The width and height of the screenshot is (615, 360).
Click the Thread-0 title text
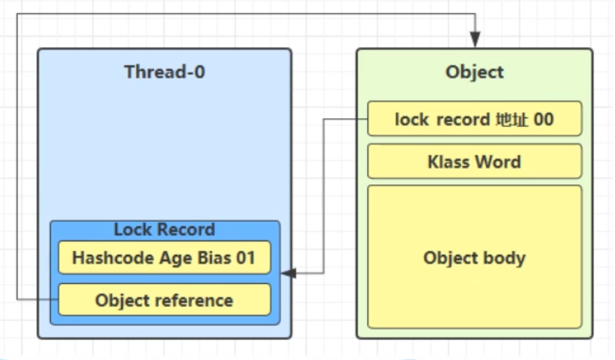pyautogui.click(x=165, y=72)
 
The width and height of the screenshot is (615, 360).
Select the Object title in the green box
pyautogui.click(x=475, y=72)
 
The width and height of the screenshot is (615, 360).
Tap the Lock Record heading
pyautogui.click(x=165, y=229)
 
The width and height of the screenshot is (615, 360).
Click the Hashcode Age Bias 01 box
pyautogui.click(x=165, y=258)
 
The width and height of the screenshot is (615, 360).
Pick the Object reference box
pyautogui.click(x=165, y=300)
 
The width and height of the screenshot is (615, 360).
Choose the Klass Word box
pyautogui.click(x=475, y=161)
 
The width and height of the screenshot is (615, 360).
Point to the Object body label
pyautogui.click(x=475, y=259)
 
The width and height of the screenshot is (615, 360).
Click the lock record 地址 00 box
pyautogui.click(x=475, y=119)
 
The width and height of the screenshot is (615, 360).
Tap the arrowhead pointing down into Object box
pyautogui.click(x=475, y=39)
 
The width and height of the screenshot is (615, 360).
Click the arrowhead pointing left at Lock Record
pyautogui.click(x=289, y=273)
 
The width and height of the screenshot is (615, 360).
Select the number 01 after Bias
pyautogui.click(x=246, y=258)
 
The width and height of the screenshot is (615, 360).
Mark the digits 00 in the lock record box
pyautogui.click(x=544, y=119)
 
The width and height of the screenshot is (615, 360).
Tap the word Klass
pyautogui.click(x=449, y=161)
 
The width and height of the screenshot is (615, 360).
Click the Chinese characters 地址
pyautogui.click(x=512, y=119)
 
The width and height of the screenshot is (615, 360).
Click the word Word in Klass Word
pyautogui.click(x=499, y=161)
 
